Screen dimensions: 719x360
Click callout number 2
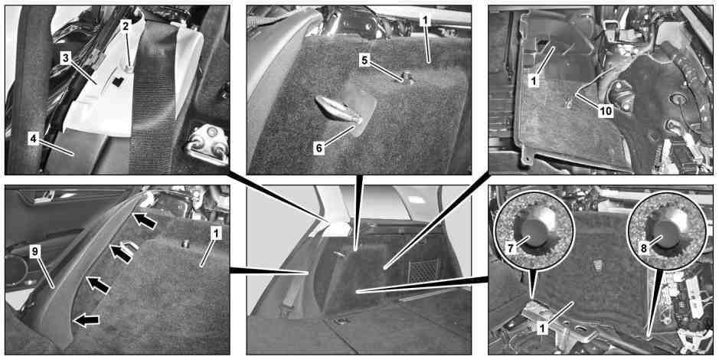pos(124,26)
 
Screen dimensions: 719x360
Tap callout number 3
pos(67,58)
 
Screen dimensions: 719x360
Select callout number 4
pos(34,139)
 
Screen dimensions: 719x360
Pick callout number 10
pos(606,111)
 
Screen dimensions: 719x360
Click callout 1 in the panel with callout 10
pos(533,82)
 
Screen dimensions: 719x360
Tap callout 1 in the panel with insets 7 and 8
pos(542,329)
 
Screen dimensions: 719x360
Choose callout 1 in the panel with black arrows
pos(214,234)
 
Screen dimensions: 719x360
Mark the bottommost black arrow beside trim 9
pos(87,319)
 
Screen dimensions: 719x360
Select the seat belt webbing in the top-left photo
pos(152,97)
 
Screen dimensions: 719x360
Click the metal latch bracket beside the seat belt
pos(208,143)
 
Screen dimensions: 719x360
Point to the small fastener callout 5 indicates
pos(406,78)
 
